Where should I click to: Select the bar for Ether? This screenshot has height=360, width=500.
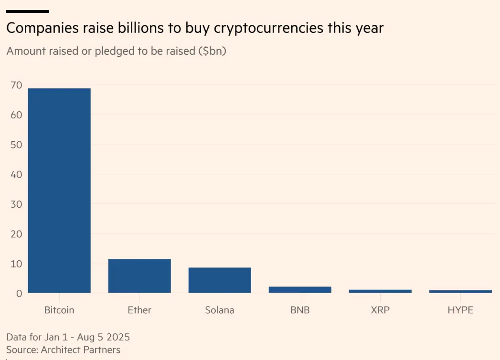coord(139,276)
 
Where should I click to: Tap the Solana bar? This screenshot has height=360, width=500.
coord(220,280)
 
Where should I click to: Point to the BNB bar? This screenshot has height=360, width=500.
coord(300,289)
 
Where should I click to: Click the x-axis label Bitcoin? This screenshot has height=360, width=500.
coord(59,310)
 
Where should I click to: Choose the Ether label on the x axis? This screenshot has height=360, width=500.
coord(139,310)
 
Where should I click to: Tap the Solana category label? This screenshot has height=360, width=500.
coord(220,310)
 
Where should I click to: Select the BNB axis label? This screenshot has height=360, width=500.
coord(300,310)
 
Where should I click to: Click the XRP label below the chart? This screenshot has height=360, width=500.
coord(380,310)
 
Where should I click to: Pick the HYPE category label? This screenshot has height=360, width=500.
coord(460,310)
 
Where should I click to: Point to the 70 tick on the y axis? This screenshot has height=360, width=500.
coord(16,85)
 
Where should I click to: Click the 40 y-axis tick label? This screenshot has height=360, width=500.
coord(16,175)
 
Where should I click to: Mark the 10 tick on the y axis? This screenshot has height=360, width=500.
coord(16,264)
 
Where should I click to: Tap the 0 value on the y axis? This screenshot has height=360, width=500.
coord(19,294)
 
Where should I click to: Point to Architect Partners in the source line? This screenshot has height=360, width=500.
coord(80,349)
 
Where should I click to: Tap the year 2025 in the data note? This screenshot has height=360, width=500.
coord(117,337)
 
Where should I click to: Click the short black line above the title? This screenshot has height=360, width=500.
coord(28,11)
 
